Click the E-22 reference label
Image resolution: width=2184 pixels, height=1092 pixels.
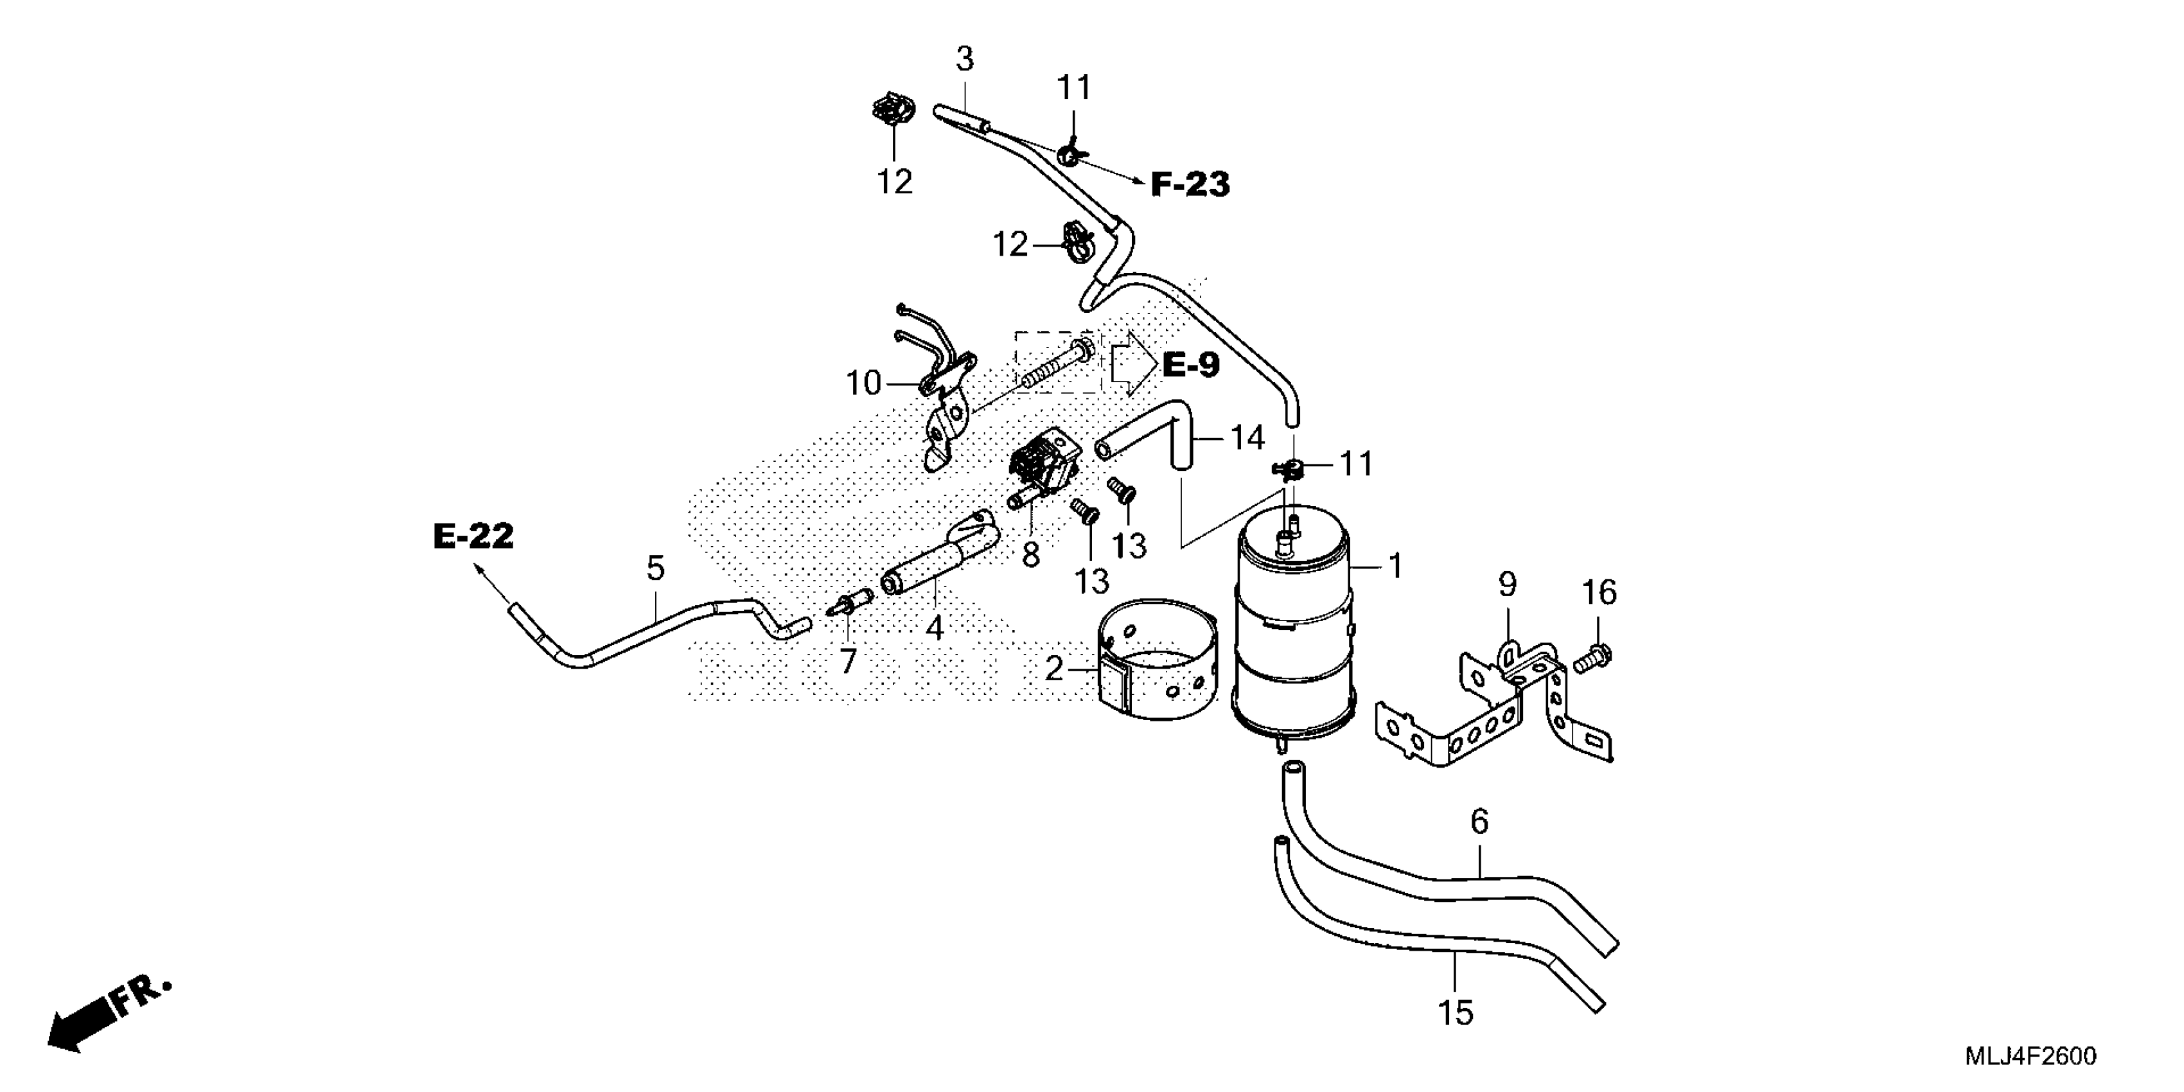pos(473,536)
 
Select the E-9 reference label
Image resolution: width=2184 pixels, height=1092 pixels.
pos(1190,365)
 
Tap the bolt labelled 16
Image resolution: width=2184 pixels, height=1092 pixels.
pos(1593,657)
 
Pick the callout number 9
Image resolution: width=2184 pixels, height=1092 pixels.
pos(1506,584)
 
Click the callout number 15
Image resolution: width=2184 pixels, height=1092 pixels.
pos(1456,1012)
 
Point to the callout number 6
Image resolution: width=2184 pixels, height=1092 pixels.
pos(1479,822)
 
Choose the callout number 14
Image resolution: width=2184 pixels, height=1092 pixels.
pos(1247,438)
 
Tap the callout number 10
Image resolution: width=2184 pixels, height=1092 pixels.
pos(864,384)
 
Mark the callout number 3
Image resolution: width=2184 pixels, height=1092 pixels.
pos(965,59)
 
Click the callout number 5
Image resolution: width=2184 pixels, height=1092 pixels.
pos(655,568)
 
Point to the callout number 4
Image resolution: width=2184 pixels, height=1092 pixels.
pos(935,628)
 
